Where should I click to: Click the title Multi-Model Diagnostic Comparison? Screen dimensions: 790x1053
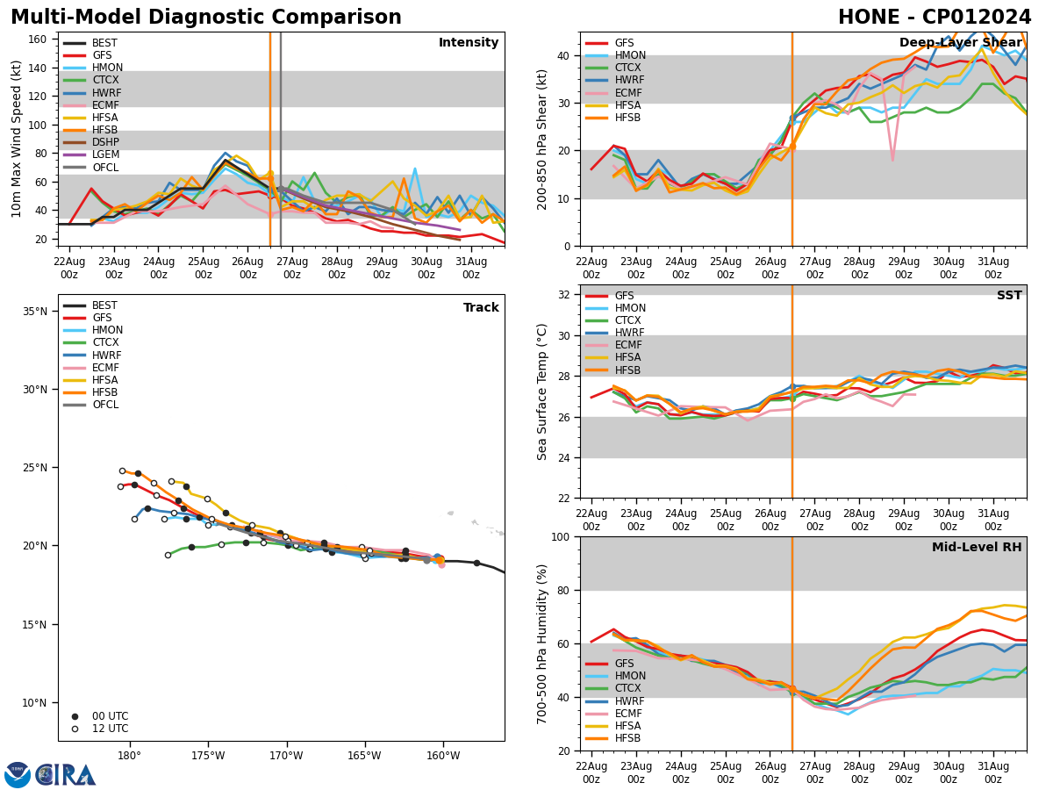pos(206,18)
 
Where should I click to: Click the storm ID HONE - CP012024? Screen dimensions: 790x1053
pos(935,18)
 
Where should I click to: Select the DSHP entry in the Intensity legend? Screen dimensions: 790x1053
pos(105,142)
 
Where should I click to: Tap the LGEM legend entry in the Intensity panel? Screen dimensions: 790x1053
pos(105,154)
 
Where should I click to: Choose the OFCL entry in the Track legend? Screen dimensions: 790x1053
pos(105,405)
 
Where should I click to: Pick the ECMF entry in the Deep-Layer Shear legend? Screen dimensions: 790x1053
pos(629,93)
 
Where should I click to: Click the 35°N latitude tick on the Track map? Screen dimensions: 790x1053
pos(35,311)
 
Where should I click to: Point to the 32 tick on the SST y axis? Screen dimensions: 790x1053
pos(566,295)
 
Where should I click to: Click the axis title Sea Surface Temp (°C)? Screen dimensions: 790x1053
pos(542,391)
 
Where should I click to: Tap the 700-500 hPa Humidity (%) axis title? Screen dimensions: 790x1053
pos(542,643)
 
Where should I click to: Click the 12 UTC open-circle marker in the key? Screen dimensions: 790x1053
pos(75,729)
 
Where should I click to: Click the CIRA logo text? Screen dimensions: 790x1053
pos(66,775)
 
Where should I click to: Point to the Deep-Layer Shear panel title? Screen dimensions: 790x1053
pos(960,43)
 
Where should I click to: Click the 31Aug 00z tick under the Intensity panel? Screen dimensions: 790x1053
pos(470,268)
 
